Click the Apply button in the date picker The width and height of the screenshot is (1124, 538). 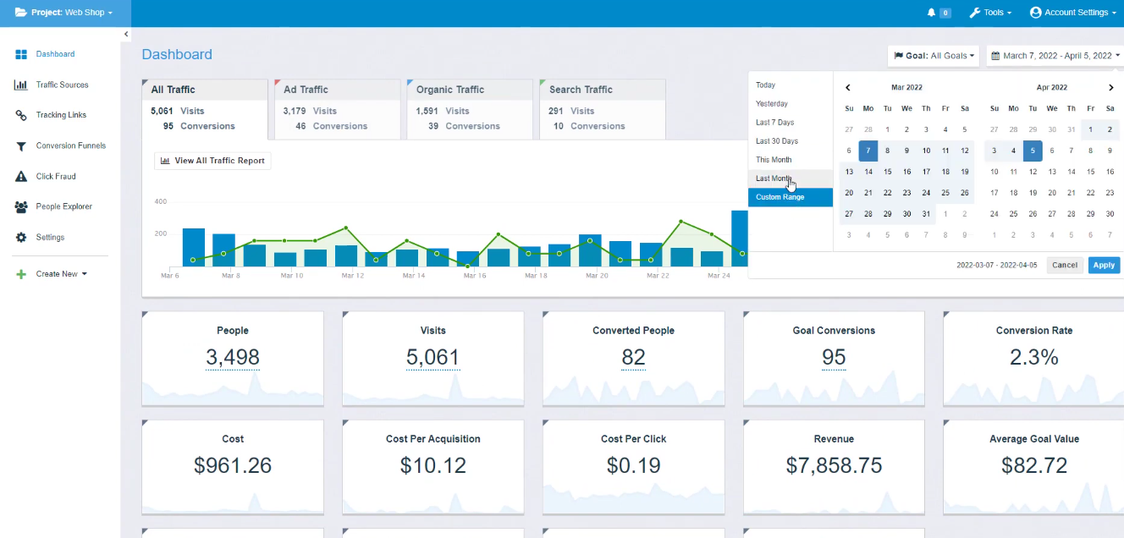coord(1104,265)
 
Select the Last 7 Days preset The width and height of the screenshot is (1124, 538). coord(774,123)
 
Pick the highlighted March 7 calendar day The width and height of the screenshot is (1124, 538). coord(868,151)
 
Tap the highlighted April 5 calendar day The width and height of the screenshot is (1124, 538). coord(1033,151)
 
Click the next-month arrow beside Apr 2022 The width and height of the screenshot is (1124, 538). coord(1111,87)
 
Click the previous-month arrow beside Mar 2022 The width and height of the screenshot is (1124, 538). coord(848,87)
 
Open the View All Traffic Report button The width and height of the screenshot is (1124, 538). coord(212,161)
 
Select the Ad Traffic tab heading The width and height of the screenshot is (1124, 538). coord(306,90)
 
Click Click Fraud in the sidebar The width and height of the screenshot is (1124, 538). coord(56,176)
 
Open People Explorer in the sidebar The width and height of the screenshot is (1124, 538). coord(63,206)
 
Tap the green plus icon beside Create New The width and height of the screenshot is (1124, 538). coord(21,274)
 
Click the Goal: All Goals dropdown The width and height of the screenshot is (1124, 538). coord(934,56)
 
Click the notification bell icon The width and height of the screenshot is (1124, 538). coord(931,13)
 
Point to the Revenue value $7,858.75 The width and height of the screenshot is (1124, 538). coord(834,465)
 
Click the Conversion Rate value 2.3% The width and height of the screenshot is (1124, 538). coord(1033,357)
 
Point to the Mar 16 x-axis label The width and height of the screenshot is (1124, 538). coord(475,275)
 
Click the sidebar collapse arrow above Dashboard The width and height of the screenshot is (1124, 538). coord(126,34)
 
